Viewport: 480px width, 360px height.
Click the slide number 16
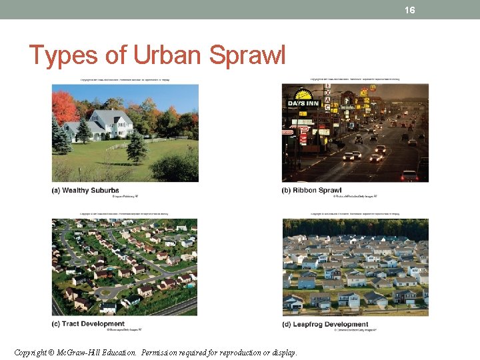409,9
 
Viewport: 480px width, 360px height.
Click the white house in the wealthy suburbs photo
110,123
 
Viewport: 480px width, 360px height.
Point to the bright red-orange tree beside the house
65,106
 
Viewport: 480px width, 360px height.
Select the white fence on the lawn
133,143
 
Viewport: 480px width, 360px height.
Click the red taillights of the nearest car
409,175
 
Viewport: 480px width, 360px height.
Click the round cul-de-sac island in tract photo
107,290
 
